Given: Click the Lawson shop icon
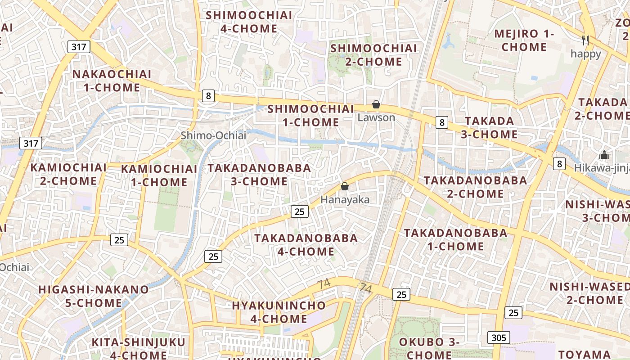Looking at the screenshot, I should point(376,105).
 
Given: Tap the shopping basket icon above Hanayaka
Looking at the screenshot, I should point(345,186).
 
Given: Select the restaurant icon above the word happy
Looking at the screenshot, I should point(585,40).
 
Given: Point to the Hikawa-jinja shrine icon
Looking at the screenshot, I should point(604,155).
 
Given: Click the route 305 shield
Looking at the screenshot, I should point(499,337).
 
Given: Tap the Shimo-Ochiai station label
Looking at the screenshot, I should point(213,135).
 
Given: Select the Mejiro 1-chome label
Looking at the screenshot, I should point(524,40).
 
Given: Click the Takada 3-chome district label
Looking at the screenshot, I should point(491,128).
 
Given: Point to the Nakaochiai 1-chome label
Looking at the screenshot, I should point(112,81).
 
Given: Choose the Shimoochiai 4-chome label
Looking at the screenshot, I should point(249,22).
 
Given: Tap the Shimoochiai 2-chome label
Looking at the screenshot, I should point(373,55).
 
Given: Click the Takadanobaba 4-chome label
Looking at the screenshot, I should point(306,245).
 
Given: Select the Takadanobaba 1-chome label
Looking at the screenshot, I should point(455,240).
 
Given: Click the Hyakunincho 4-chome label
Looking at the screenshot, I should point(279,312).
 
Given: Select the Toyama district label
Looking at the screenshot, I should point(585,354).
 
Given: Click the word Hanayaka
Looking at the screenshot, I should point(345,200).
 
